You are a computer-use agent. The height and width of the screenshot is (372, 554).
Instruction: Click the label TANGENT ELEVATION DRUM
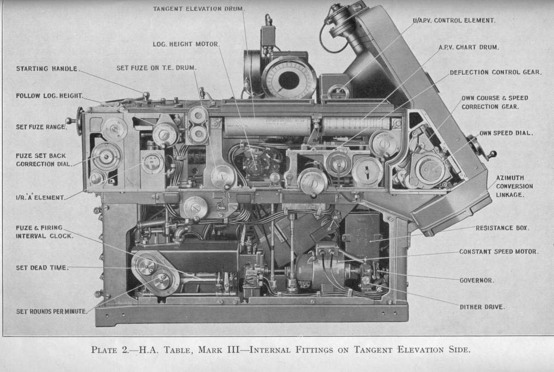coord(199,9)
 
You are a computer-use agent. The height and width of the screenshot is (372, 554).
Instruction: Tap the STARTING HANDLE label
coord(47,69)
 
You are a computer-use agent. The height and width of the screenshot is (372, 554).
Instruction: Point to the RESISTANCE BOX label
coord(502,228)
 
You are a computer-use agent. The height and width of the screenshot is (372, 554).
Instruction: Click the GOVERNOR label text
coord(476,280)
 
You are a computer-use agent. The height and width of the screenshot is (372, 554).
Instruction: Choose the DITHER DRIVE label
coord(482,307)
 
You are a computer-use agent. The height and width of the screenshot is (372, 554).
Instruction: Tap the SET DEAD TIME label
coord(42,267)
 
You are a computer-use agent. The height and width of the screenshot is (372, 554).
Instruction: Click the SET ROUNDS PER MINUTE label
coord(51,311)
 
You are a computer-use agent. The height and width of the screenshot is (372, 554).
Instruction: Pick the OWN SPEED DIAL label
coord(506,133)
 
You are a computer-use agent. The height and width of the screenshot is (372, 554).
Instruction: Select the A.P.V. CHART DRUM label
coord(469,47)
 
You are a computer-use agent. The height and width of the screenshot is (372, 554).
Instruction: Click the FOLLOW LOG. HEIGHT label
coord(49,96)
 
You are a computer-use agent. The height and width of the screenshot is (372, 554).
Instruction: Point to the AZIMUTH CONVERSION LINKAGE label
coord(514,186)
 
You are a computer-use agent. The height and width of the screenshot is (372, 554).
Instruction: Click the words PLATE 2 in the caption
coord(112,350)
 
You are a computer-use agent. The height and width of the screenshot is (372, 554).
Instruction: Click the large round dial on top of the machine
coord(288,80)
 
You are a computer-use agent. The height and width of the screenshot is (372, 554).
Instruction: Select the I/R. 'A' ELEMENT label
coord(40,197)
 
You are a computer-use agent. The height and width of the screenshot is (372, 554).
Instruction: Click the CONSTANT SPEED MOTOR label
coord(498,252)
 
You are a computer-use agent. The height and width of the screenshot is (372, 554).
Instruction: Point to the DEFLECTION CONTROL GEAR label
coord(495,72)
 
